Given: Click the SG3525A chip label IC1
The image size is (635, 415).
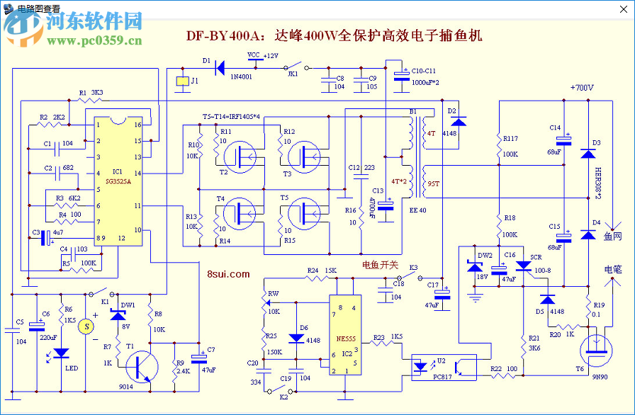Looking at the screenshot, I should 117,172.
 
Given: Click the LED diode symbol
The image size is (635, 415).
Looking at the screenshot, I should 62,352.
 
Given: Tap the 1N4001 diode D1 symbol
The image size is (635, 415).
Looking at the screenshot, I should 220,68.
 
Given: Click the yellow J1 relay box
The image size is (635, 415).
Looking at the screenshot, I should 182,82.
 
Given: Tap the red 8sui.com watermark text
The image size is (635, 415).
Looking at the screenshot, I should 228,273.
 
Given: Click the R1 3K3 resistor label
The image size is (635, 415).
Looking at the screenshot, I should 91,93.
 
